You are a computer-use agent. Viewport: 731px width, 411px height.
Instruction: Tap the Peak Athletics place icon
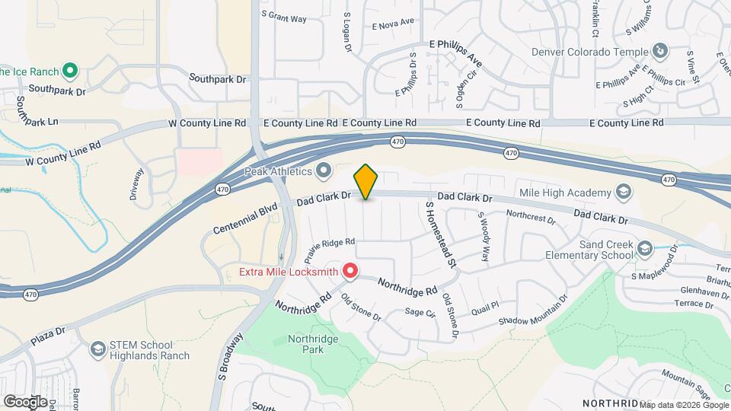click(324, 169)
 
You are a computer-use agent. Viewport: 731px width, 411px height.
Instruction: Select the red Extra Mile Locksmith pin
click(350, 270)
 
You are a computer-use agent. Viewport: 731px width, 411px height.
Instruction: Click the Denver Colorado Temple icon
click(660, 51)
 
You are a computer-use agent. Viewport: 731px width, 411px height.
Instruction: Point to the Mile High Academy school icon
click(624, 192)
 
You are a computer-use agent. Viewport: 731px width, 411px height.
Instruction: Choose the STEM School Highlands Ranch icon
click(97, 349)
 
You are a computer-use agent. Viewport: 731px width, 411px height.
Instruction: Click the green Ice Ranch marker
click(70, 72)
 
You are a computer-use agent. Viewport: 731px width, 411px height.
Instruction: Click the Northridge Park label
click(306, 344)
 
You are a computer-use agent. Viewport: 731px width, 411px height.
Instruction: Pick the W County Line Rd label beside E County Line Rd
click(206, 123)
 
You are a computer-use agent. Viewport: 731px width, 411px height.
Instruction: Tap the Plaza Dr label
click(49, 335)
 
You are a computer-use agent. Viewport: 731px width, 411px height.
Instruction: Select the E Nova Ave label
click(393, 24)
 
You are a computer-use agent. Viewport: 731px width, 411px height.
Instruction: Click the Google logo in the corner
click(25, 401)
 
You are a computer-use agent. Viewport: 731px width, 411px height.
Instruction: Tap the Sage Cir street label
click(419, 312)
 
